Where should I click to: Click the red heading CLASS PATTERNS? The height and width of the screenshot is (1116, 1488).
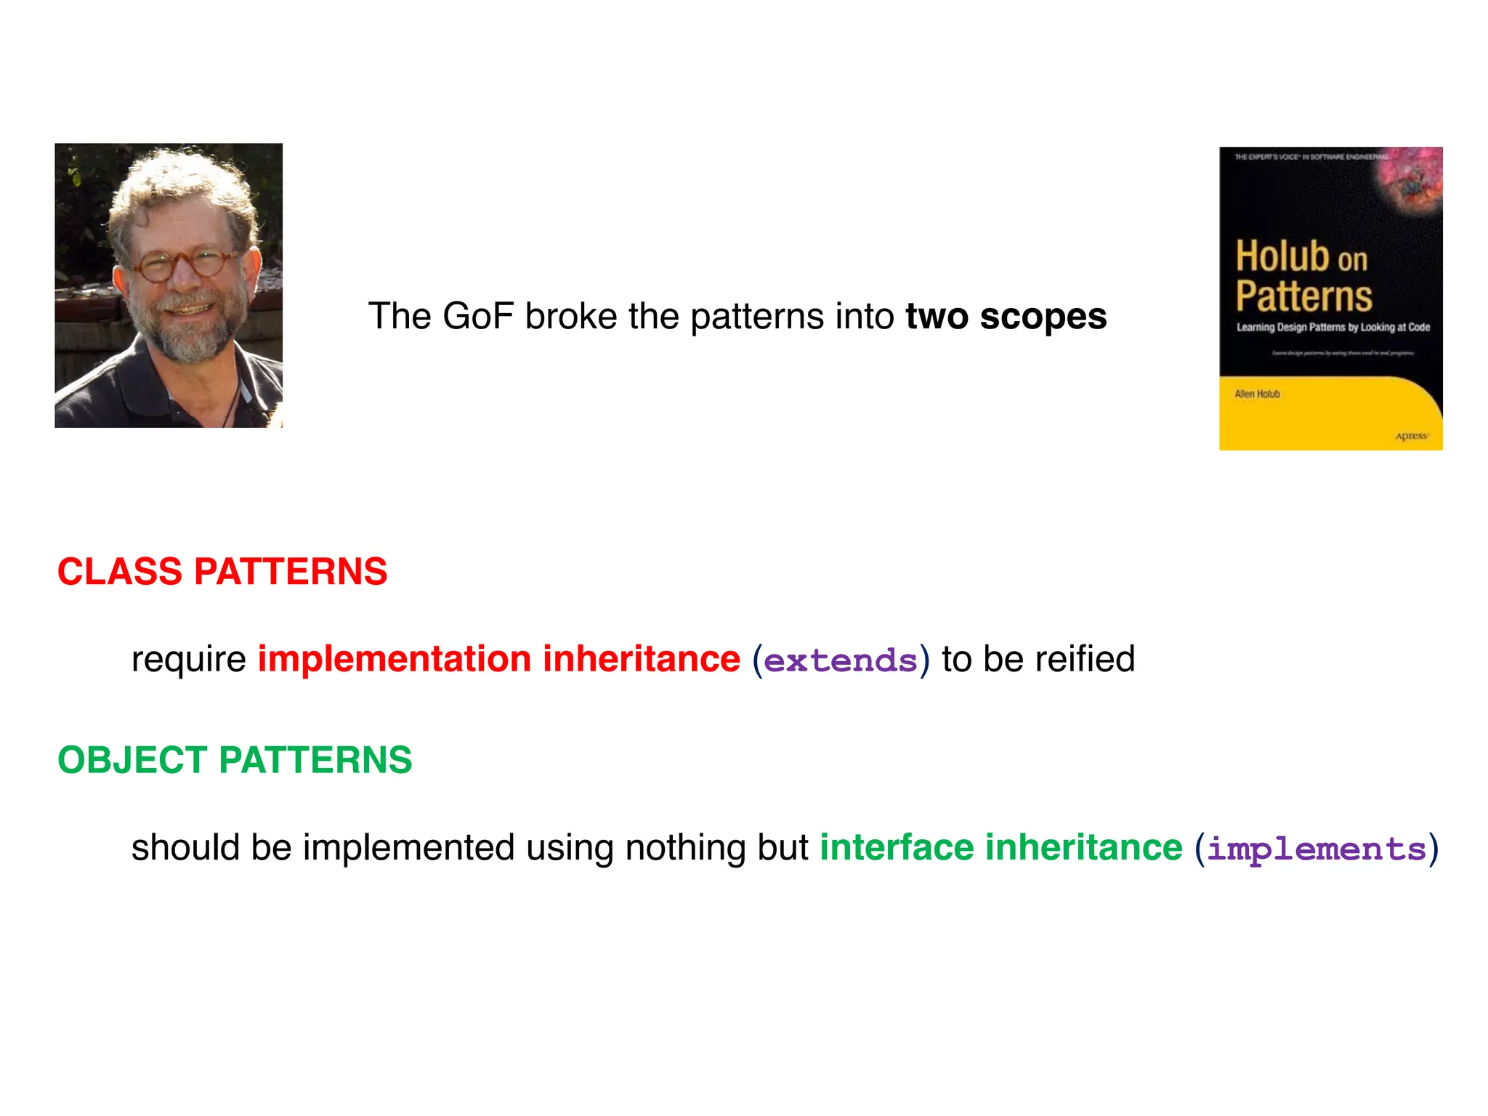point(222,571)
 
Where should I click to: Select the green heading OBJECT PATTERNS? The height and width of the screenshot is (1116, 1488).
point(235,760)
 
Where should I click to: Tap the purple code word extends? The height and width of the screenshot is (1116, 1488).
point(841,660)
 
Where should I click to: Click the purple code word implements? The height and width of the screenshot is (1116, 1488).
point(1316,849)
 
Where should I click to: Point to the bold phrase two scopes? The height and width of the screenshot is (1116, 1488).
point(1006,316)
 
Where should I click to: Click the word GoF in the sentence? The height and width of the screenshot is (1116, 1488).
point(477,316)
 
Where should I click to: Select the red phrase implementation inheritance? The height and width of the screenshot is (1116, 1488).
point(498,659)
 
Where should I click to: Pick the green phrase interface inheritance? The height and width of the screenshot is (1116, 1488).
point(1000,847)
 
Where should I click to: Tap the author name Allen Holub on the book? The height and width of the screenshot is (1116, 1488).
point(1257,394)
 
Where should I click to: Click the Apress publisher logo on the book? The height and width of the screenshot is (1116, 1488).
point(1411,436)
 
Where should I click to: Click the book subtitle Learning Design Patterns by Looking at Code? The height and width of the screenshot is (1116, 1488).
point(1333,328)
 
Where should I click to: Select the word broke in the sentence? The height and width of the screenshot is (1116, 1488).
point(570,316)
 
